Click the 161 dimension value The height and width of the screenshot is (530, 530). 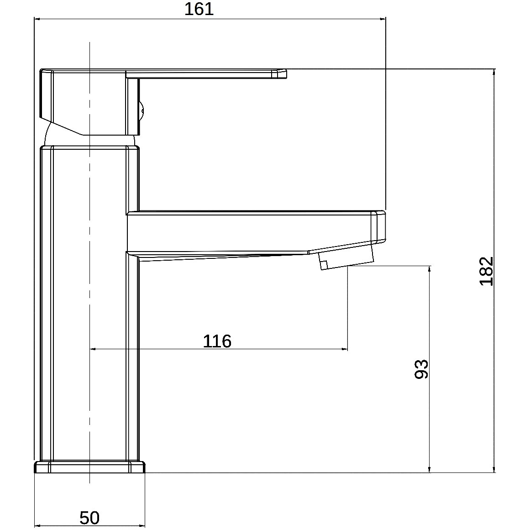(x=199, y=9)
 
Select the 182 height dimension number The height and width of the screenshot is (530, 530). (x=487, y=271)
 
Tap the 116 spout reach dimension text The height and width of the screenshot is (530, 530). (x=217, y=341)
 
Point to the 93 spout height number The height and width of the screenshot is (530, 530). (x=421, y=369)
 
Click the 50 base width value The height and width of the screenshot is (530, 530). (x=89, y=518)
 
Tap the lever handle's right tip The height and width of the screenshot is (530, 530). (x=286, y=73)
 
